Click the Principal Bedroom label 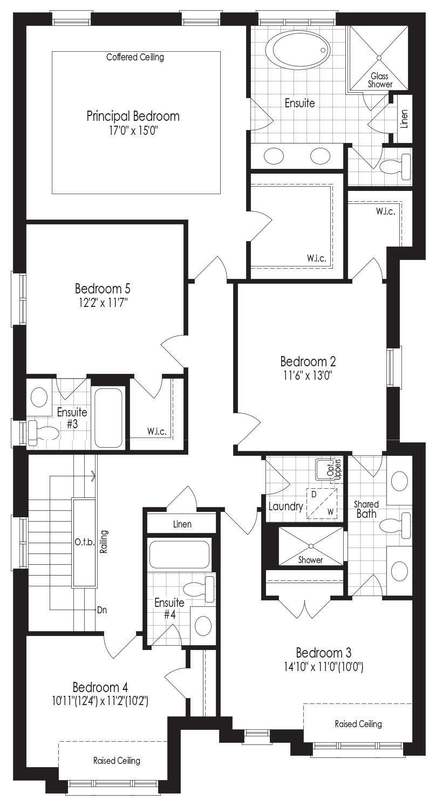(x=133, y=116)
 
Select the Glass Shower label (x=380, y=80)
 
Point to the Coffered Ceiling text (x=135, y=57)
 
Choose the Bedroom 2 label (x=308, y=361)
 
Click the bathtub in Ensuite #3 (x=108, y=418)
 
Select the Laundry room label (x=285, y=506)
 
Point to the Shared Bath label (x=366, y=509)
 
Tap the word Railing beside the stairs (x=104, y=542)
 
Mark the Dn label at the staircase (x=102, y=610)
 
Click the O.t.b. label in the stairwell (x=85, y=542)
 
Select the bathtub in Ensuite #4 (x=179, y=555)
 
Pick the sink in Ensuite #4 (x=203, y=625)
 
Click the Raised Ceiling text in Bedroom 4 (x=117, y=761)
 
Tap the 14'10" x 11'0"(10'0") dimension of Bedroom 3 (x=324, y=667)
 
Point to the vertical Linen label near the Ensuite (x=404, y=119)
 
